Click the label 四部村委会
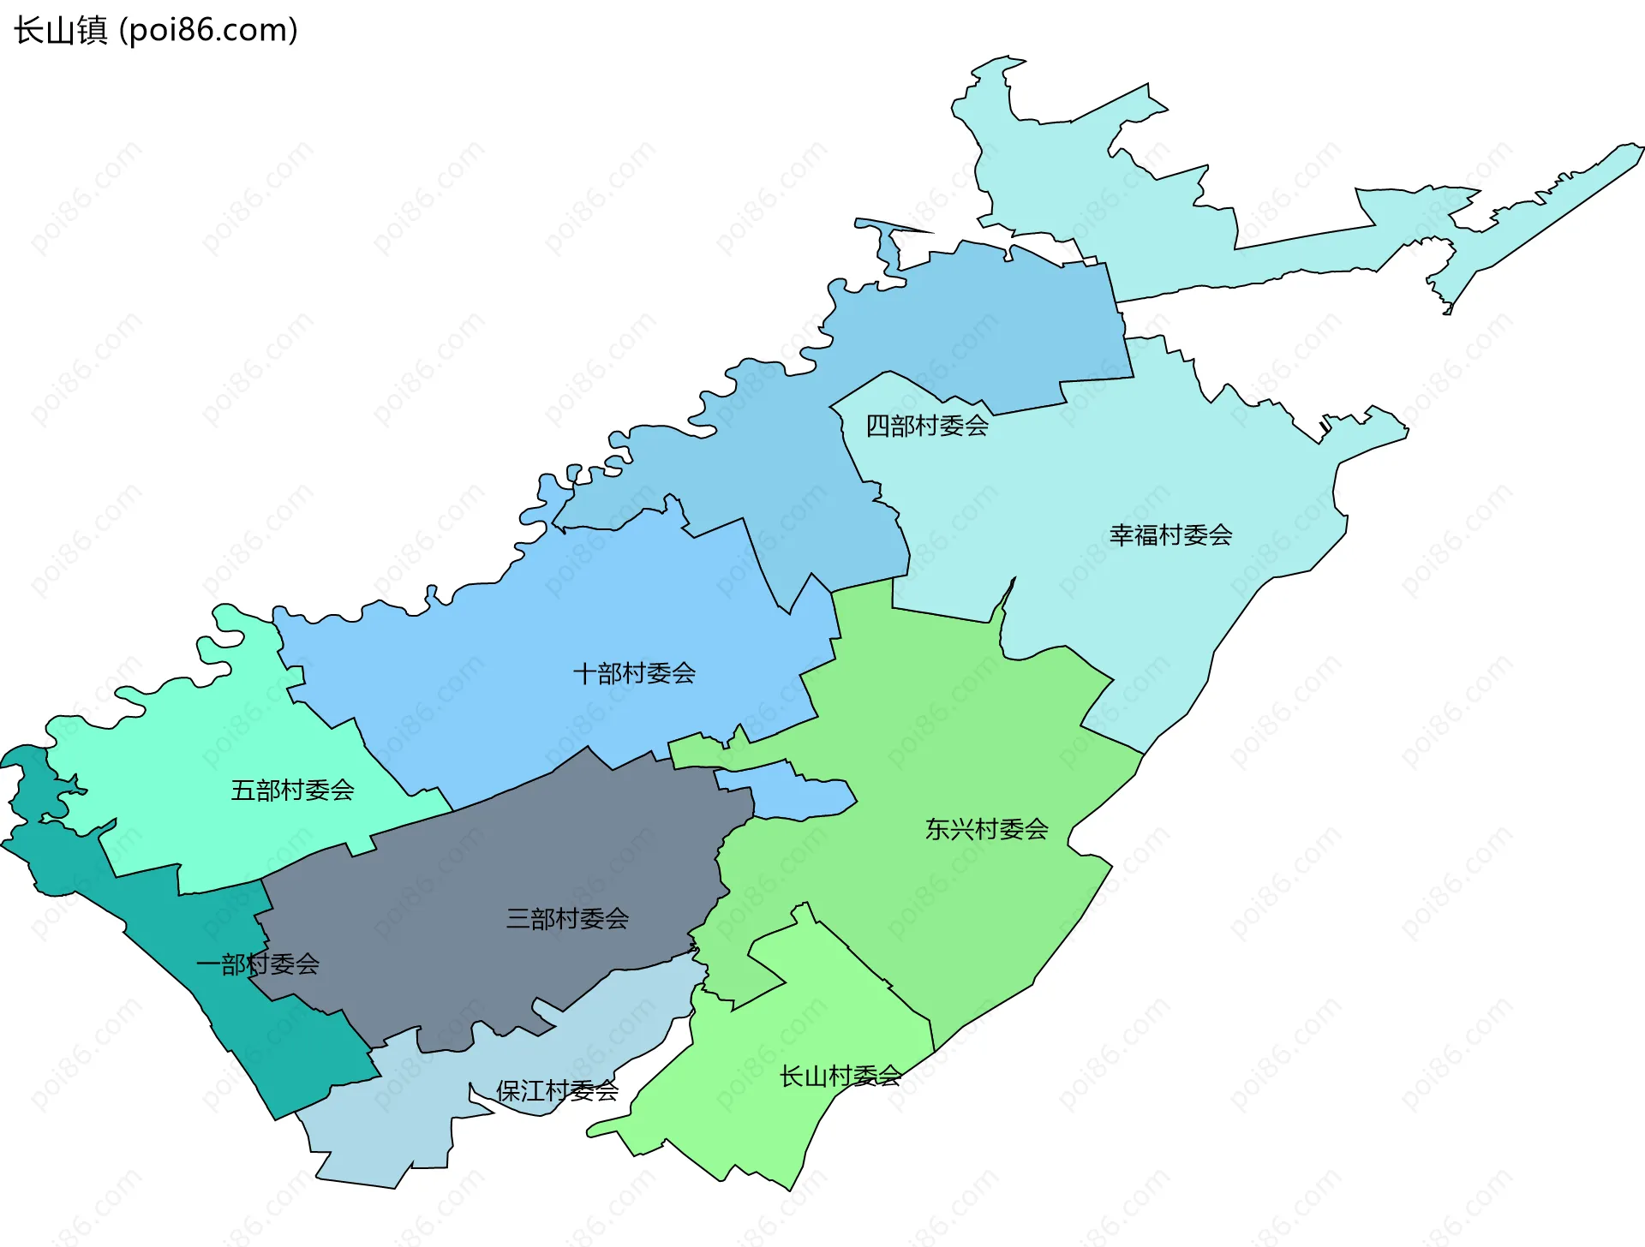point(927,426)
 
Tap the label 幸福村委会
point(1170,535)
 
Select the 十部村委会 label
point(634,673)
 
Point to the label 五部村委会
point(292,790)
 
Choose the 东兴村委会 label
point(986,829)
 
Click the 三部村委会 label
point(567,919)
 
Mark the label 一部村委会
point(258,964)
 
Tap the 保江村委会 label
point(557,1090)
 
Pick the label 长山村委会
point(840,1076)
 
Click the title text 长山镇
point(60,31)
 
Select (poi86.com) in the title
point(208,31)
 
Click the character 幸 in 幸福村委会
point(1122,535)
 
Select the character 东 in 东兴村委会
point(937,829)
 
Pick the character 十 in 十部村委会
point(585,673)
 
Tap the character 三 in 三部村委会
point(518,919)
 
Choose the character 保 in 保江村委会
point(508,1090)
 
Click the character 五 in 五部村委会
point(243,790)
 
